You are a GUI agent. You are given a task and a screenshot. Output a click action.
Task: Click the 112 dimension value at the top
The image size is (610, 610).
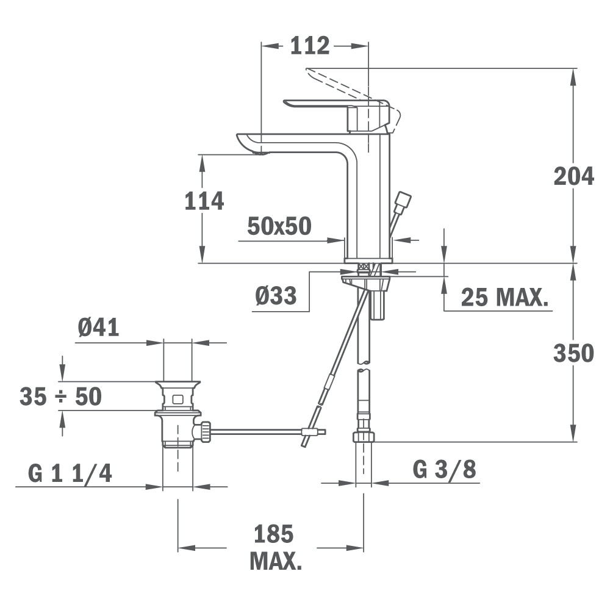(x=310, y=46)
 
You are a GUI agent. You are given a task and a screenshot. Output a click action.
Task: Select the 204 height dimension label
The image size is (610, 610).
(x=574, y=176)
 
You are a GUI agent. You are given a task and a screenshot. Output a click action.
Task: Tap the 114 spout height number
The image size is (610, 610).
(x=204, y=201)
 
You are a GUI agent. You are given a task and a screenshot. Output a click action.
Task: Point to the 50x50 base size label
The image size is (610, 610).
(x=279, y=226)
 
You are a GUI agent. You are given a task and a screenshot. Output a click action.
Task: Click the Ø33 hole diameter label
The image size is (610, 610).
(x=276, y=295)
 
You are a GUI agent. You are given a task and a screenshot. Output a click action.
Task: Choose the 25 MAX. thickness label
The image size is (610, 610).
(x=504, y=298)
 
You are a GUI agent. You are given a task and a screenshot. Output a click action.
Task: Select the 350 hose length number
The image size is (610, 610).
(x=574, y=353)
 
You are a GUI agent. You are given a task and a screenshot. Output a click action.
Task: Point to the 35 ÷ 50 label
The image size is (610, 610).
(x=60, y=396)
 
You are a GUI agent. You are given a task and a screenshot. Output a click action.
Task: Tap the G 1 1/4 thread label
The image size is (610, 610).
(x=70, y=473)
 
